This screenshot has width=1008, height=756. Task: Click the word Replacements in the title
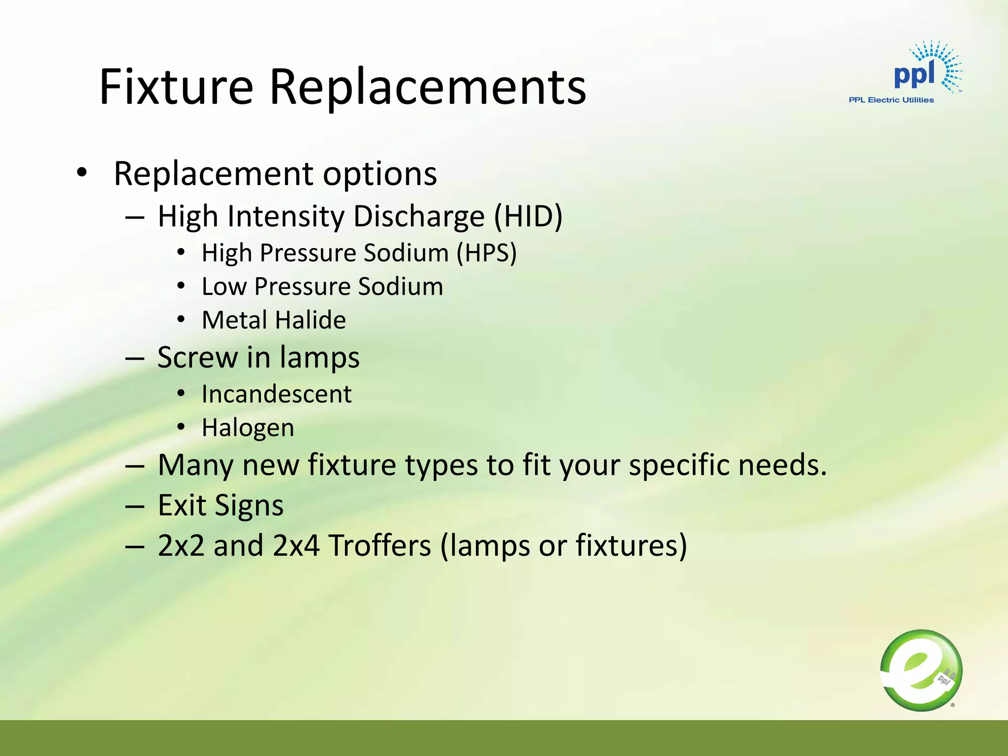(x=427, y=88)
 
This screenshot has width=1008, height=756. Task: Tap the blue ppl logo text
(x=913, y=75)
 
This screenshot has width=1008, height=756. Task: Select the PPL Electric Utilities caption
(x=891, y=100)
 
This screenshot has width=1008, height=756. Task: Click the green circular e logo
(x=921, y=670)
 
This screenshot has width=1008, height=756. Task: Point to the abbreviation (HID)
(x=528, y=217)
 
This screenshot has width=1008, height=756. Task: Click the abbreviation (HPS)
(x=486, y=253)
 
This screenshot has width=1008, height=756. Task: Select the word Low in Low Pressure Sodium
(x=224, y=286)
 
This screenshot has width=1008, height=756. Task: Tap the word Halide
(x=311, y=320)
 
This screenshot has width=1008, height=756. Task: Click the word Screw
(x=197, y=357)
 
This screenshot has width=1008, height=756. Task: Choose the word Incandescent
(x=277, y=394)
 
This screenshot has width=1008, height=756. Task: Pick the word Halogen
(x=248, y=428)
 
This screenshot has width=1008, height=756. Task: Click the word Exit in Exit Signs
(x=182, y=505)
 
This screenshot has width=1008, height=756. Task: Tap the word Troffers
(x=379, y=546)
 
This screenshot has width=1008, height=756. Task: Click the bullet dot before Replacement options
(x=82, y=173)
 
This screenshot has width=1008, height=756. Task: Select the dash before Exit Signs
(x=134, y=506)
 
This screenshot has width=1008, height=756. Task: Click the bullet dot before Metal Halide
(x=181, y=320)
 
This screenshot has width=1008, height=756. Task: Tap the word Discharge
(x=419, y=217)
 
